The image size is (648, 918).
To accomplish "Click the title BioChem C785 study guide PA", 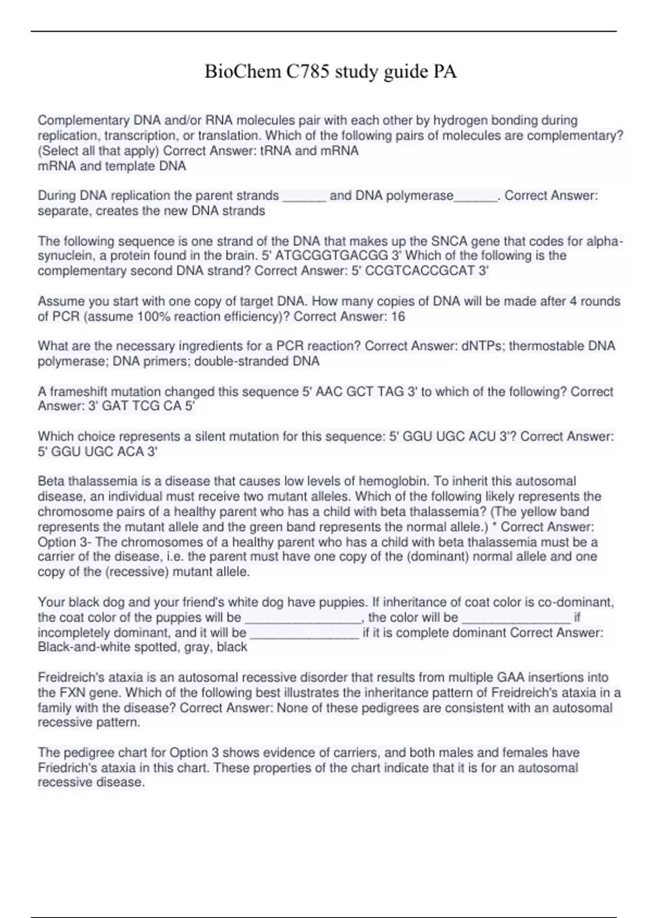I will [x=330, y=72].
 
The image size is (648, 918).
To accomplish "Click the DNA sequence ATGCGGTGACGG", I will [x=332, y=256].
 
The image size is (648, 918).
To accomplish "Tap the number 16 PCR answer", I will [x=397, y=316].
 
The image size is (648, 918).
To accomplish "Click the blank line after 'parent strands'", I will [x=305, y=196].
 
